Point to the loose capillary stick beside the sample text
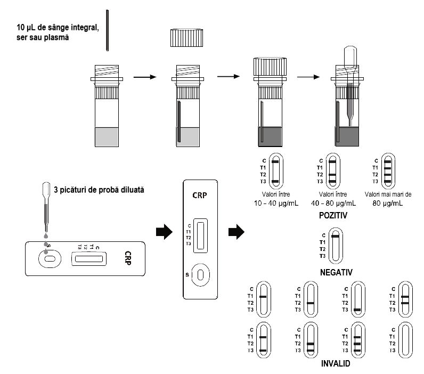(x=108, y=30)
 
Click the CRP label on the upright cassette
(x=200, y=196)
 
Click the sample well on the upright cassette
(x=200, y=275)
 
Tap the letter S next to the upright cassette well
(x=186, y=275)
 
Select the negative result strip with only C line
(x=335, y=245)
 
